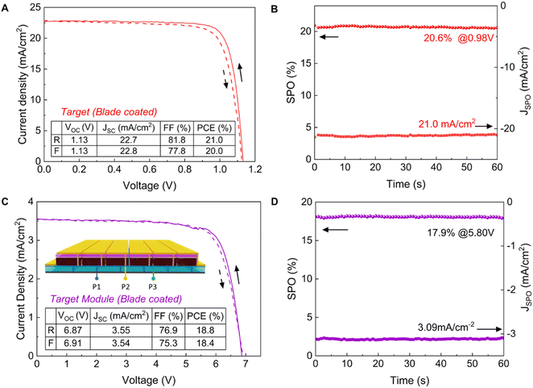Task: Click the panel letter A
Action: pyautogui.click(x=6, y=7)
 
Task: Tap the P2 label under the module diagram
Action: pyautogui.click(x=126, y=285)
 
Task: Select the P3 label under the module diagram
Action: pyautogui.click(x=153, y=285)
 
